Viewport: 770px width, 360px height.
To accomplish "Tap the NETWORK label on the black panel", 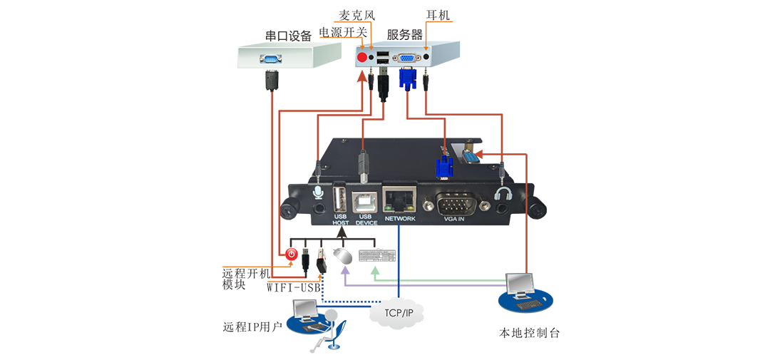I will pos(399,218).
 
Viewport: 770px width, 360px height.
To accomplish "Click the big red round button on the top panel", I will pos(362,56).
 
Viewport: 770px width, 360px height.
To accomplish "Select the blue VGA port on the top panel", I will pos(406,57).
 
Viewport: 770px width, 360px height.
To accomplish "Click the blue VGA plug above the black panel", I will pos(443,169).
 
